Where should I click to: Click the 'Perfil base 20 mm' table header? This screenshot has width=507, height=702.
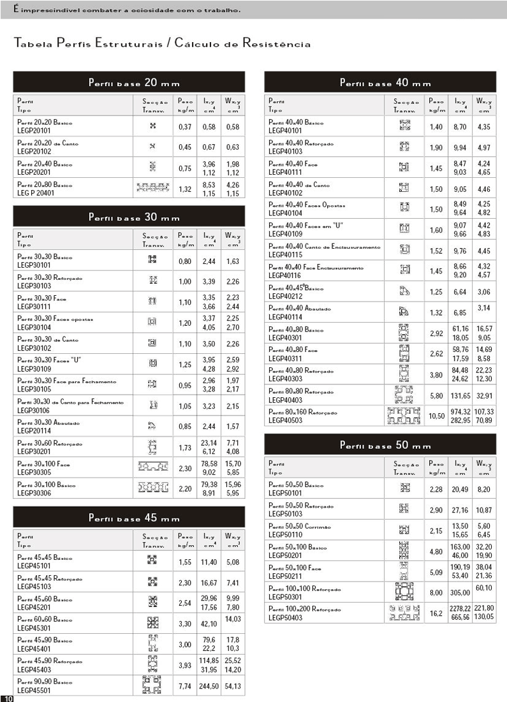click(x=129, y=83)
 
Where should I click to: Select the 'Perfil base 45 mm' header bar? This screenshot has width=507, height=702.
click(x=129, y=517)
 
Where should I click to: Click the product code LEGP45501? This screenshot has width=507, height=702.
click(x=33, y=690)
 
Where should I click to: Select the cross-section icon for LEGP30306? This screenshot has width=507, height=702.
click(x=153, y=488)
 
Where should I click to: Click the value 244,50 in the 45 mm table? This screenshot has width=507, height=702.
click(x=209, y=685)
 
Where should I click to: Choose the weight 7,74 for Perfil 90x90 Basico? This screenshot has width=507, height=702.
click(x=185, y=685)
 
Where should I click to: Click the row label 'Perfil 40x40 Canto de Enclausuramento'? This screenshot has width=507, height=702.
click(x=325, y=246)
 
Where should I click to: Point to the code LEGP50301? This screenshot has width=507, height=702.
click(x=284, y=597)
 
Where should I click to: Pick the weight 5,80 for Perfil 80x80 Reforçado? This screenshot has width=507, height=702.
click(x=436, y=395)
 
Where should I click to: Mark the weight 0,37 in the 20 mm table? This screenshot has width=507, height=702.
click(x=185, y=126)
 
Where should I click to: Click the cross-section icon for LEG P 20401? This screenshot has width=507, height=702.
click(x=153, y=188)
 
